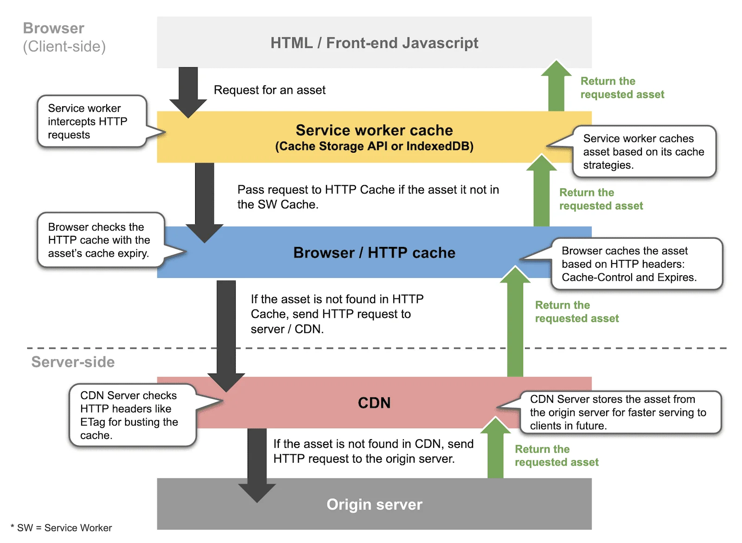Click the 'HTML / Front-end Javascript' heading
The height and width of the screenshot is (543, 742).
374,43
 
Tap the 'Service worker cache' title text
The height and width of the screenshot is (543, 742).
374,130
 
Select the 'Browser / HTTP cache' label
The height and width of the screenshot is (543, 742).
374,252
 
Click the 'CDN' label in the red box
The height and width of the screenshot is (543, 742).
374,402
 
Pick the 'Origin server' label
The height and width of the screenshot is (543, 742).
374,504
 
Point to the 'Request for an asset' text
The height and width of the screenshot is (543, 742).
269,90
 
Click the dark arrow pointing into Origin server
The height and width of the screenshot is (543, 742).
257,464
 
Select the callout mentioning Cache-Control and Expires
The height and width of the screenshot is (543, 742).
635,264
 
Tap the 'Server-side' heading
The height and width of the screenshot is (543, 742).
73,362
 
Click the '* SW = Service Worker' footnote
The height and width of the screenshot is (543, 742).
61,528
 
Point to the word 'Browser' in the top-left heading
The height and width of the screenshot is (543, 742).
54,28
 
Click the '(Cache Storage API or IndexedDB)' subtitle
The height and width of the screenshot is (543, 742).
374,147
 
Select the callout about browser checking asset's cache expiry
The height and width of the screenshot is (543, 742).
100,240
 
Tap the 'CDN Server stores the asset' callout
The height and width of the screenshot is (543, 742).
619,412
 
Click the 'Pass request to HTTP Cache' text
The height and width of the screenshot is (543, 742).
367,197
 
